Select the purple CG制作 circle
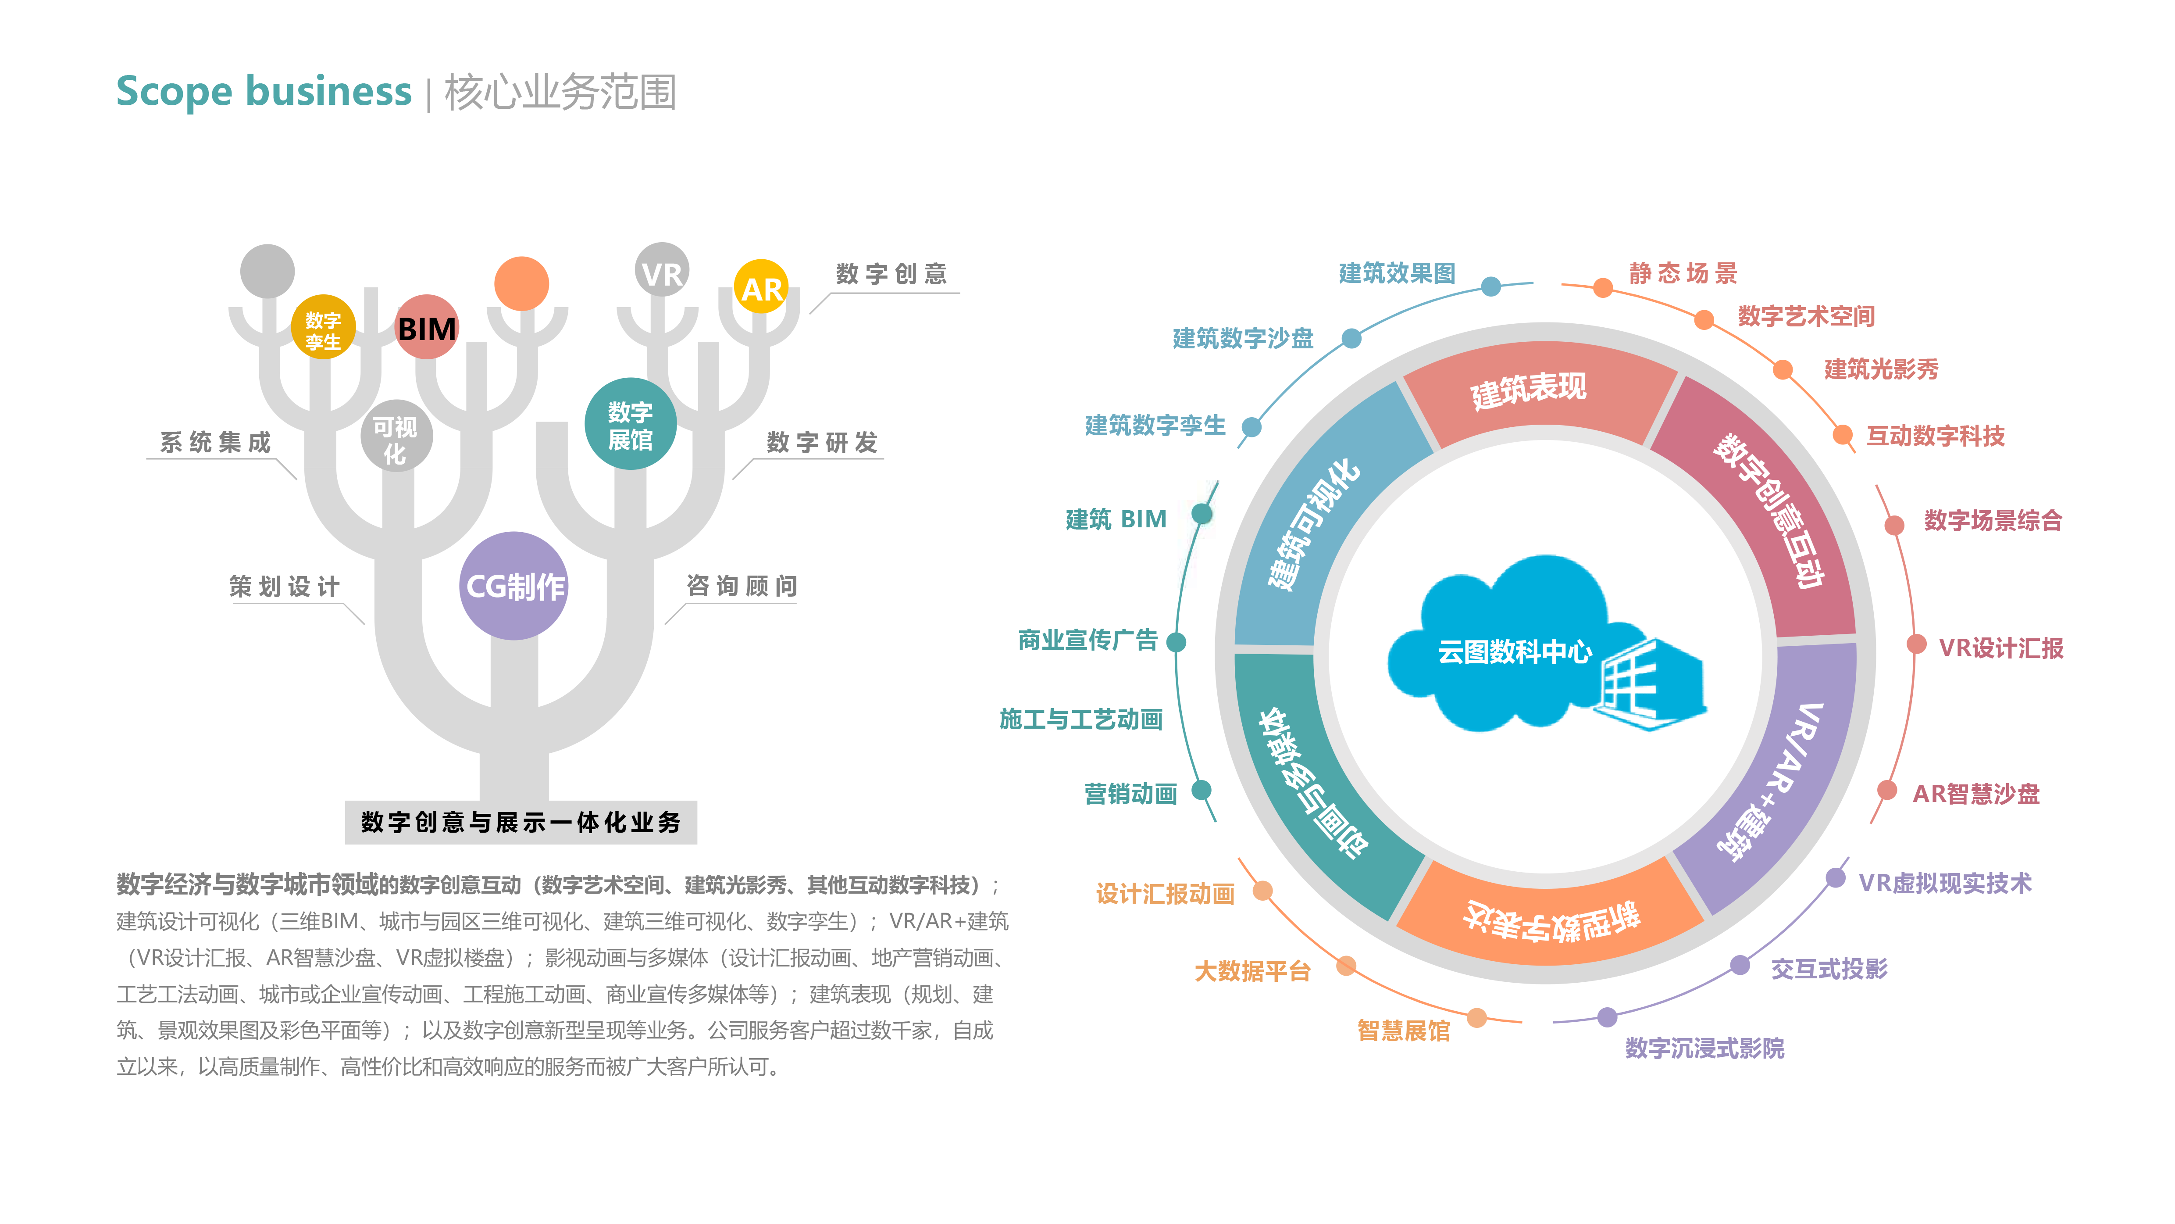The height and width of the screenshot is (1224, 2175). [x=514, y=585]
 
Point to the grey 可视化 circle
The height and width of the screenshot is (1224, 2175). [x=396, y=436]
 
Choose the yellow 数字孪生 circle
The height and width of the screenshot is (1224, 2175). [x=323, y=327]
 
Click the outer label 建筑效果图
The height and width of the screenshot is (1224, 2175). [x=1398, y=273]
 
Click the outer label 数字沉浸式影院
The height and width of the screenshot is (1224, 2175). [x=1705, y=1049]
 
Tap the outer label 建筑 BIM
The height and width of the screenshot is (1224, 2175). [x=1116, y=519]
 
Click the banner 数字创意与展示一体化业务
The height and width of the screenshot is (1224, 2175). [x=521, y=822]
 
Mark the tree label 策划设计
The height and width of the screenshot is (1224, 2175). [x=285, y=586]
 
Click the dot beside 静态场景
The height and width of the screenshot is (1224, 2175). [x=1603, y=288]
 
